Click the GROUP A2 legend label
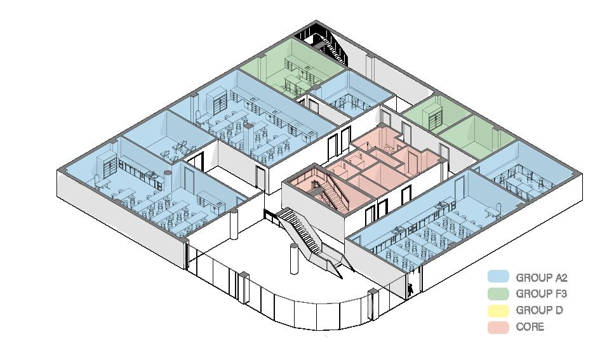[x=541, y=277]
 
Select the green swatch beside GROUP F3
[x=498, y=293]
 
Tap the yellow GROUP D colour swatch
[x=498, y=310]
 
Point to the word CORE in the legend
[x=530, y=327]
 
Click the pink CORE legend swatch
[x=498, y=327]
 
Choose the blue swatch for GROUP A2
[x=498, y=277]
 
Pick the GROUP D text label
[x=539, y=310]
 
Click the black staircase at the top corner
[x=328, y=43]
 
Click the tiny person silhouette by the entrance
[x=411, y=289]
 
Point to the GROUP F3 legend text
[x=541, y=294]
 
